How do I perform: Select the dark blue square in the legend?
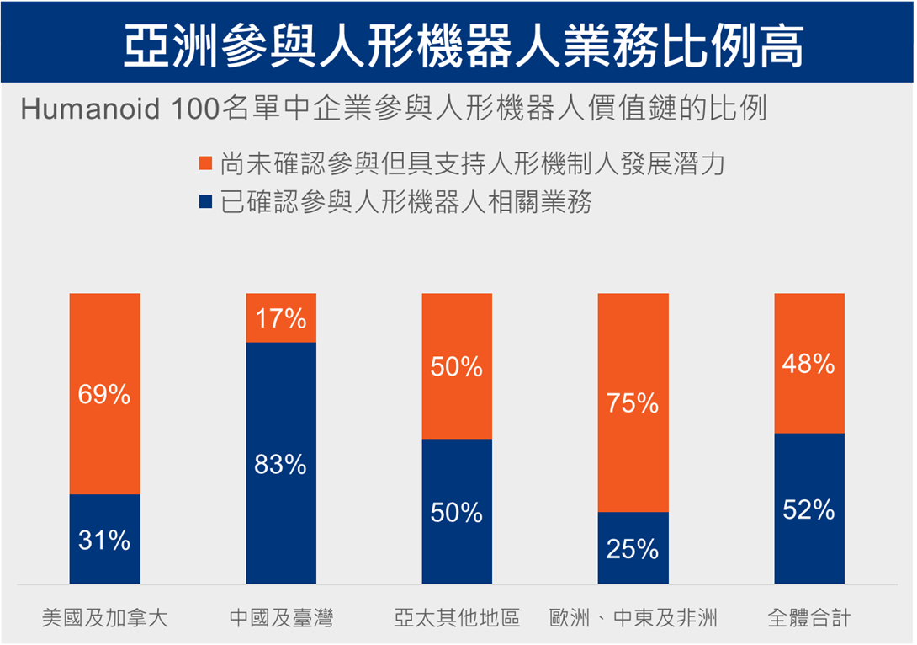(x=205, y=202)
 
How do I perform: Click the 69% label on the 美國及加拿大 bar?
(x=104, y=394)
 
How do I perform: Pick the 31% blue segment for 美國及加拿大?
(x=104, y=539)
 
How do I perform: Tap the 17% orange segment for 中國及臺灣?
(x=281, y=318)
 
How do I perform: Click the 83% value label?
(x=281, y=464)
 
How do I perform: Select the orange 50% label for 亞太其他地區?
(x=457, y=367)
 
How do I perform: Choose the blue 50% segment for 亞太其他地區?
(x=457, y=511)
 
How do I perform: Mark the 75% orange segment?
(x=633, y=402)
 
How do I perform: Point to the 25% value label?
(x=633, y=549)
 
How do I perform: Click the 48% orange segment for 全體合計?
(x=808, y=364)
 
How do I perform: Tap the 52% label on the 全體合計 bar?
(x=808, y=509)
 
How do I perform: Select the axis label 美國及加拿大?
(x=105, y=619)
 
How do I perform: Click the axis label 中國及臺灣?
(x=281, y=619)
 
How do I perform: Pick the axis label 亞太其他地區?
(x=457, y=619)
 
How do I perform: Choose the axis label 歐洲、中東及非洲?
(x=633, y=619)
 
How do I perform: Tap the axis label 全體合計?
(x=808, y=619)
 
